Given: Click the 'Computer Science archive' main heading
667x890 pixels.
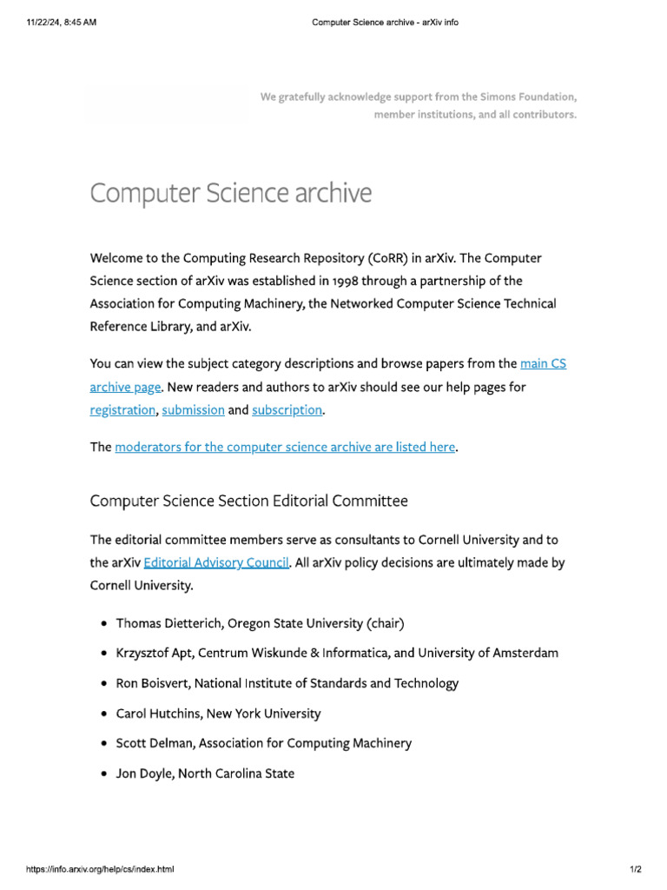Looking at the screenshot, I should (x=230, y=192).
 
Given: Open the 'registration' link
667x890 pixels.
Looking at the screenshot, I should (x=122, y=409).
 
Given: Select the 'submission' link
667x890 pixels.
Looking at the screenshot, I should (x=193, y=409).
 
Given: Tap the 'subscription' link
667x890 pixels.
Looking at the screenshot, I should (x=287, y=409).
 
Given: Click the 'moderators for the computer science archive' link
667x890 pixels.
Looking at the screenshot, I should (x=285, y=447).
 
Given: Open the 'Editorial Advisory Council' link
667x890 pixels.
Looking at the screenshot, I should (x=215, y=562).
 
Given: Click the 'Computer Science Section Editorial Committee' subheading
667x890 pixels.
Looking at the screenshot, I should (x=248, y=501).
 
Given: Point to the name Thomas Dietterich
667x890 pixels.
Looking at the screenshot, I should (x=166, y=623).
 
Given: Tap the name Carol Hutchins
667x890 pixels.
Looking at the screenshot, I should (x=158, y=714).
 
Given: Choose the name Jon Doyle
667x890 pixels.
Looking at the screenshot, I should (x=144, y=773).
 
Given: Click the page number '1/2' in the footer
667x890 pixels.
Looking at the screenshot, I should (x=636, y=869).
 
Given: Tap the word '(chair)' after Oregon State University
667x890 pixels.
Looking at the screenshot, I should (x=386, y=623).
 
